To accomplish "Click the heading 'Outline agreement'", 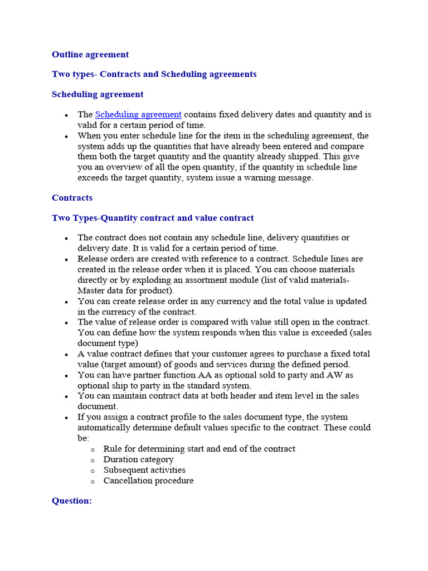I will [x=90, y=55].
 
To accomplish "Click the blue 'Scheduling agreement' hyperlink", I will [x=138, y=115].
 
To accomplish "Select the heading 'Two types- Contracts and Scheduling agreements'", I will [x=154, y=74].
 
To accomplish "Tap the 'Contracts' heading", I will [x=72, y=198].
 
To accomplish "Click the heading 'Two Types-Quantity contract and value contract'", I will [x=153, y=218].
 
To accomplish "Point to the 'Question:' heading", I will [x=71, y=501].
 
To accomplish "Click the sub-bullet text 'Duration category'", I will [x=138, y=459].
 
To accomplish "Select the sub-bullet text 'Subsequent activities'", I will [x=144, y=470].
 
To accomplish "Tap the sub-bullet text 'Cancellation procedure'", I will [x=148, y=481].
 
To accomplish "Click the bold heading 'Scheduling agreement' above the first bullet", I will [x=98, y=94].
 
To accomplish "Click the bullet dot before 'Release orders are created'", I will [x=66, y=260].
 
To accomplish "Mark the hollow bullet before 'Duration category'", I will [x=92, y=460].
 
